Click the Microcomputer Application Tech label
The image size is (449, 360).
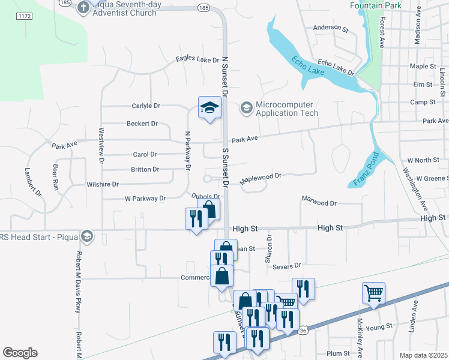[x=286, y=109]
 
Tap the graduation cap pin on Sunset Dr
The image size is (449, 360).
[x=209, y=108]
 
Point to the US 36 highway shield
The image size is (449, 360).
[x=303, y=331]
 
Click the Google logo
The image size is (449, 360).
[x=20, y=353]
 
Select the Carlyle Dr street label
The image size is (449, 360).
[x=146, y=106]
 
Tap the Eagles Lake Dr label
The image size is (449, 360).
[x=197, y=59]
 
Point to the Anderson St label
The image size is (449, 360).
[x=331, y=28]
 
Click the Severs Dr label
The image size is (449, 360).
[x=286, y=265]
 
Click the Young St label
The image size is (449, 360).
[x=378, y=326]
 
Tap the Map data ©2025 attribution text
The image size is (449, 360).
[x=423, y=355]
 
